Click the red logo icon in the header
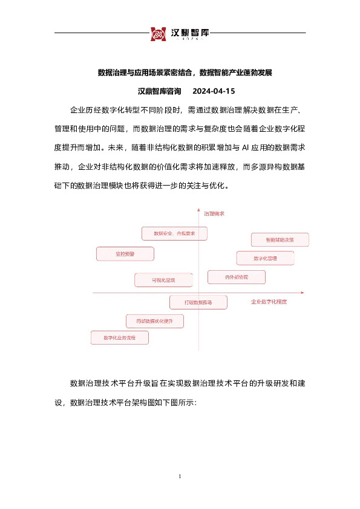pyautogui.click(x=157, y=34)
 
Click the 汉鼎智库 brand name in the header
pyautogui.click(x=189, y=32)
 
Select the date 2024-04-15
pyautogui.click(x=213, y=91)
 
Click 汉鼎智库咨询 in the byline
pyautogui.click(x=160, y=91)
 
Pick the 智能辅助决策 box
pyautogui.click(x=280, y=240)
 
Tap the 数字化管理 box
pyautogui.click(x=265, y=258)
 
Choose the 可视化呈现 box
pyautogui.click(x=163, y=280)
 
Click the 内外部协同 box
pyautogui.click(x=237, y=277)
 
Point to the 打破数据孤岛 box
pyautogui.click(x=198, y=301)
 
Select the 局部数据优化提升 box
pyautogui.click(x=154, y=320)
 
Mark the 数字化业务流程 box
pyautogui.click(x=119, y=337)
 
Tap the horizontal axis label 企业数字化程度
pyautogui.click(x=269, y=300)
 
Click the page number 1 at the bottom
pyautogui.click(x=180, y=478)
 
